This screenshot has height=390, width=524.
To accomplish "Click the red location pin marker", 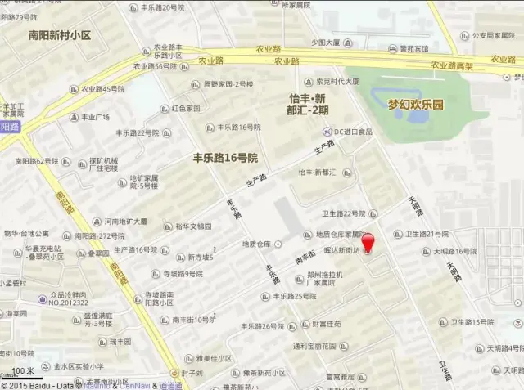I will [x=368, y=243].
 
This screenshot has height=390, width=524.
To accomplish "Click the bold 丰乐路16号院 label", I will [x=224, y=156].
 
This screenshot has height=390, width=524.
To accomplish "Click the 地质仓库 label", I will [x=257, y=244].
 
